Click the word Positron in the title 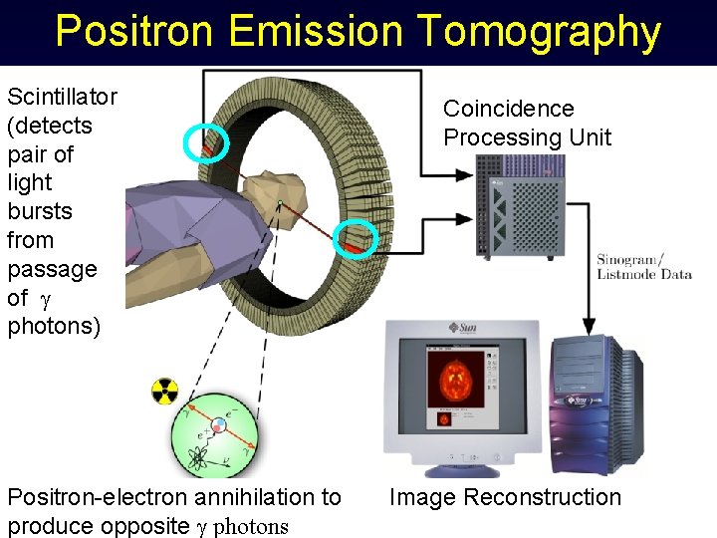point(134,32)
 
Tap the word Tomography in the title point(538,32)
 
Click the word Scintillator point(62,97)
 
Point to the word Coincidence point(509,109)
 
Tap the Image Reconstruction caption point(505,497)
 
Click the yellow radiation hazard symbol point(164,392)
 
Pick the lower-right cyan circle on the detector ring point(355,239)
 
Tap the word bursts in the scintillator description point(40,212)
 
